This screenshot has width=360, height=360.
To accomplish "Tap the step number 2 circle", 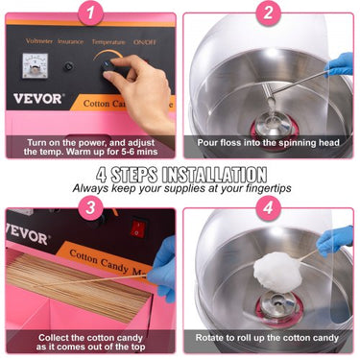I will [268, 13].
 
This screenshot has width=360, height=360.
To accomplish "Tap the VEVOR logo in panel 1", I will [38, 98].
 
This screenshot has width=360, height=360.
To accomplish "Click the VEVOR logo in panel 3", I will [26, 232].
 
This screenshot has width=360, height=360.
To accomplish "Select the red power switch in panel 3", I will [138, 228].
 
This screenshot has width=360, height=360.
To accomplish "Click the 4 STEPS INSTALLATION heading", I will [180, 175].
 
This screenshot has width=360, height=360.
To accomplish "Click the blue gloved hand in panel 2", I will [340, 64].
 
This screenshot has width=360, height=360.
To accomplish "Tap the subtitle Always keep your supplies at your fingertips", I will [180, 188].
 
